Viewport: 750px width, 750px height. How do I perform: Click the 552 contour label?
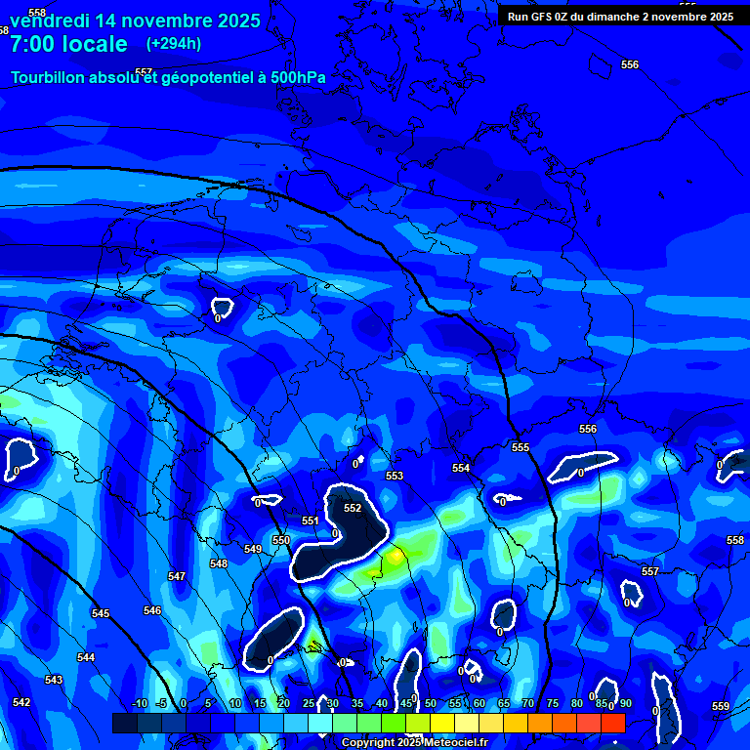[353, 508]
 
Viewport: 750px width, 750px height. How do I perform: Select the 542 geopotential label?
[21, 702]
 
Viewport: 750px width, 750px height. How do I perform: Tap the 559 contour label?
[721, 706]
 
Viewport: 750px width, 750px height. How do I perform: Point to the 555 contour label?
[521, 447]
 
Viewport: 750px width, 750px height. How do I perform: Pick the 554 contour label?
[461, 469]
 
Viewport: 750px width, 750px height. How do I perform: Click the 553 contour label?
[395, 476]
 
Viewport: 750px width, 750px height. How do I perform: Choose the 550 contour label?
[281, 540]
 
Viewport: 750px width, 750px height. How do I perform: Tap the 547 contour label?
[177, 577]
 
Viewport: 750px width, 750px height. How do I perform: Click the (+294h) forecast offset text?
[174, 44]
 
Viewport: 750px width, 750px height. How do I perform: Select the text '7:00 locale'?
[68, 44]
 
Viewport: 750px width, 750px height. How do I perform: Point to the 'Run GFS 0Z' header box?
[620, 17]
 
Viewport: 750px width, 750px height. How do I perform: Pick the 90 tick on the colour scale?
[625, 704]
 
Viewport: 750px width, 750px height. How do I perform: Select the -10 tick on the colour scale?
[139, 704]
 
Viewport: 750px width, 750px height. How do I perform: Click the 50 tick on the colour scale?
[431, 704]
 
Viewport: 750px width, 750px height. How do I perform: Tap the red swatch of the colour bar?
[612, 723]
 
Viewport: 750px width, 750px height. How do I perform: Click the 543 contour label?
[54, 680]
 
